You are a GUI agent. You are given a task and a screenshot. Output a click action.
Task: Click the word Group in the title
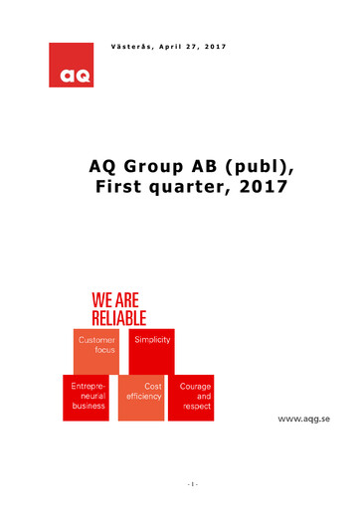click(x=160, y=166)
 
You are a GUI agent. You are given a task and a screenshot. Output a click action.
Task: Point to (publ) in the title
click(x=261, y=166)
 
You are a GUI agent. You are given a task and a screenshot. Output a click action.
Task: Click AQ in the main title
click(x=105, y=166)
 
